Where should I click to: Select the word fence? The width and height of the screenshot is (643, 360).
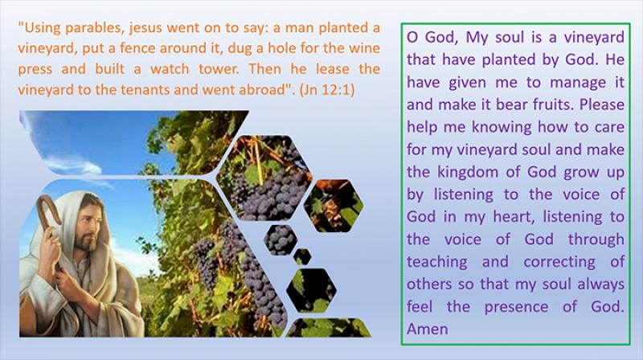pos(137,48)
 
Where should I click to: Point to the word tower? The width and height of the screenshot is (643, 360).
pos(219,69)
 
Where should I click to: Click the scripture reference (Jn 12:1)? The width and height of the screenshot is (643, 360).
pos(327,90)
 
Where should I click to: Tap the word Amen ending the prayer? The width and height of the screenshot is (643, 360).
pos(428,329)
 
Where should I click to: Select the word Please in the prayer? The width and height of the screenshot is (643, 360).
pos(602,104)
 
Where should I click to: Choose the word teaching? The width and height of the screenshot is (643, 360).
pos(437,262)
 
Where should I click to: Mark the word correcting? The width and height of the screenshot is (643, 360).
pos(559,262)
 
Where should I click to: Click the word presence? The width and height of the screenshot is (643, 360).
pos(516,307)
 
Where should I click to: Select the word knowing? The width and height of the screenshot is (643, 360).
pos(502,128)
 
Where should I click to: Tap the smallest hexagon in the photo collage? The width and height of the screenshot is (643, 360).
pos(302,256)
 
